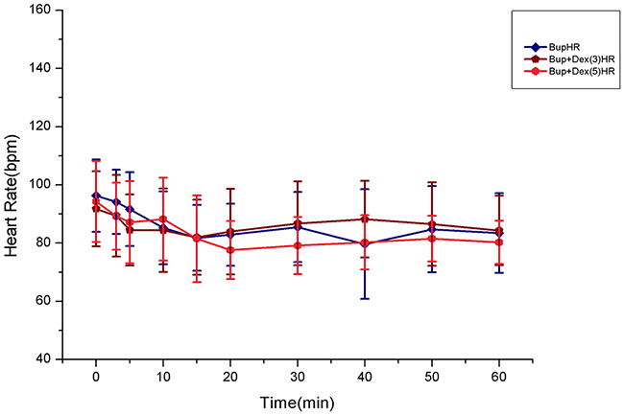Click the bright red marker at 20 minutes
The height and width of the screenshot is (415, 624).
coord(230,250)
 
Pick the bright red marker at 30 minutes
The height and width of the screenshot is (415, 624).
coord(298,245)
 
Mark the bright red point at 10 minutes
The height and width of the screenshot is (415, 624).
coord(163,219)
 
